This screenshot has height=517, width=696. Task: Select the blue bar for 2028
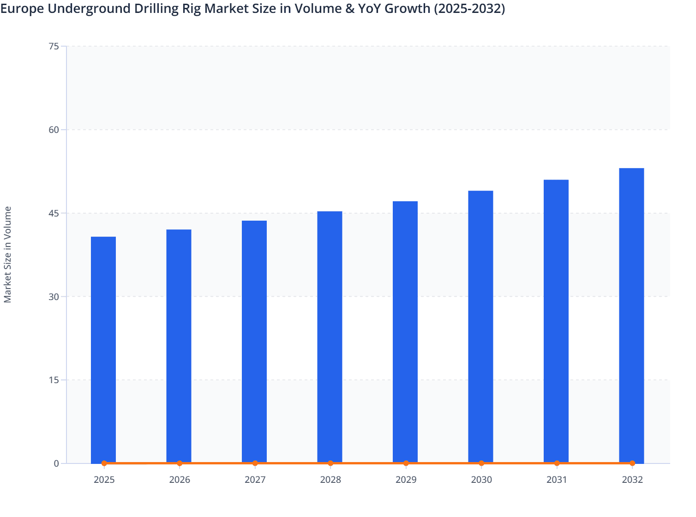point(330,337)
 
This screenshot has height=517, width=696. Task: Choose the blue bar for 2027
point(254,342)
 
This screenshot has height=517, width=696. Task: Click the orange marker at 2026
point(180,463)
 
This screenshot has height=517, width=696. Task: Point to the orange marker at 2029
point(406,463)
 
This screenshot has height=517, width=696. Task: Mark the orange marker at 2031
point(557,463)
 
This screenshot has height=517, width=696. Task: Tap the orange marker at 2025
point(104,463)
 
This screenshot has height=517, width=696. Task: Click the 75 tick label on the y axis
point(54,46)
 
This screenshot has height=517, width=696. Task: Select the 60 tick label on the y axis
point(54,130)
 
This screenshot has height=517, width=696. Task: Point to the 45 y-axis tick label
point(54,213)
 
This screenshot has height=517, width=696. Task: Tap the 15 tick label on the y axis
point(54,380)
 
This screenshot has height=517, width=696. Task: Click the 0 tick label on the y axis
point(56,463)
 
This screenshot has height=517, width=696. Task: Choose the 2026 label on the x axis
point(180,480)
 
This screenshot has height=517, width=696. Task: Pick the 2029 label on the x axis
point(406,480)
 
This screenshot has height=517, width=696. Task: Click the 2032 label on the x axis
point(632,480)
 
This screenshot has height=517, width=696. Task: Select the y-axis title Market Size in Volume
point(8,254)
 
